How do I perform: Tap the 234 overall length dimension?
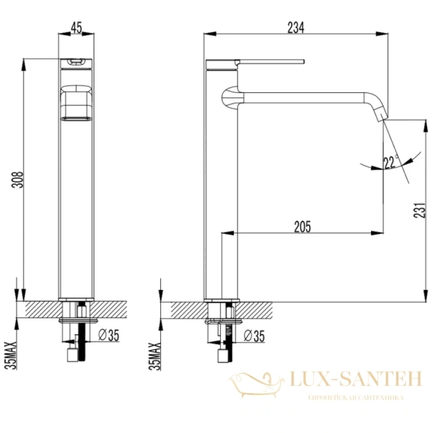294,27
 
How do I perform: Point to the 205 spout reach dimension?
302,227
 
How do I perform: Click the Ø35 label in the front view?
107,335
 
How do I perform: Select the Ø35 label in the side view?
253,335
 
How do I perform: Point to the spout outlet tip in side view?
381,116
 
